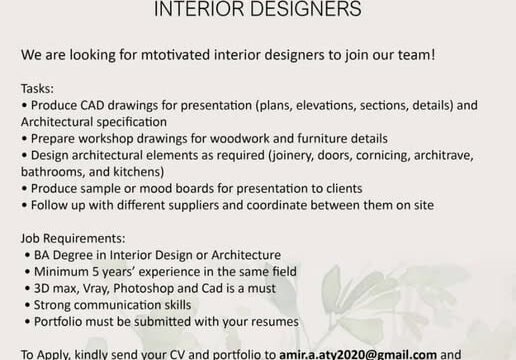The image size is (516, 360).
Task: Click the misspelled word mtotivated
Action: click(x=175, y=55)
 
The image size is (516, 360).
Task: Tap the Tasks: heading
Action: click(x=37, y=89)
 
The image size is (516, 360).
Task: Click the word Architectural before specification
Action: click(x=57, y=122)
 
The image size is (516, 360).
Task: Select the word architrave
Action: click(x=444, y=156)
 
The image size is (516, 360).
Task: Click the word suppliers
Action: click(x=193, y=206)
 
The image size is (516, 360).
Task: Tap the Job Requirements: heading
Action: click(x=73, y=239)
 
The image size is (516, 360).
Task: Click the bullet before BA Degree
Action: click(x=28, y=256)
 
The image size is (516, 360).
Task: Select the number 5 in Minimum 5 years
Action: click(x=96, y=272)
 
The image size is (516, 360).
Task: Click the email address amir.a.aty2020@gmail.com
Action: click(x=358, y=355)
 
